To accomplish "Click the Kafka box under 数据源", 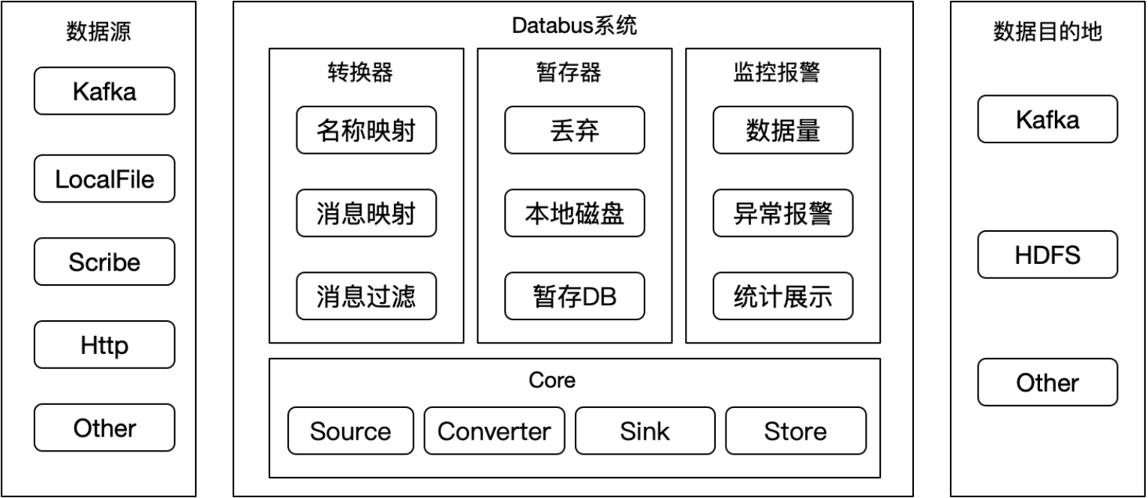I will (x=104, y=91).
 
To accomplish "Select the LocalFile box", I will (x=104, y=178).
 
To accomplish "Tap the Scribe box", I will (x=104, y=262).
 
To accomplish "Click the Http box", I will (x=104, y=345).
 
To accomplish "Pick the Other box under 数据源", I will (x=104, y=427).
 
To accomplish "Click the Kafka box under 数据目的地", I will (x=1047, y=118).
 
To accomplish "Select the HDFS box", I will (x=1047, y=254).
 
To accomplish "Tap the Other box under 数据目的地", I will (x=1047, y=382).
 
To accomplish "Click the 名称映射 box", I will (x=366, y=130).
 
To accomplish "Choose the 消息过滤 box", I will (x=366, y=296).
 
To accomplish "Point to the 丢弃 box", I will (x=574, y=130).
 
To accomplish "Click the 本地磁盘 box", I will (x=574, y=213).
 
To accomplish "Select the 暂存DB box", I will (x=574, y=296).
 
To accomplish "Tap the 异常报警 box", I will (x=783, y=213).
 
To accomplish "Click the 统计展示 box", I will (x=783, y=296).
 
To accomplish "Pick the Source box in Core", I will (x=350, y=430).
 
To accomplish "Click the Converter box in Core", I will (x=494, y=430).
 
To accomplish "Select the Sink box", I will (x=645, y=430).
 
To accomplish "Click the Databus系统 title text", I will (x=574, y=25).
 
